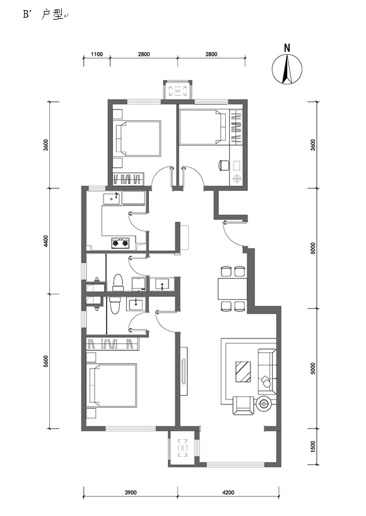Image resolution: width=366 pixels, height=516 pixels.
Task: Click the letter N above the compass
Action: (287, 48)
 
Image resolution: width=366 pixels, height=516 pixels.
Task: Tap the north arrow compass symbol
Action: (287, 69)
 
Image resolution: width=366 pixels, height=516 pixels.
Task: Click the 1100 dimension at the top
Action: (97, 54)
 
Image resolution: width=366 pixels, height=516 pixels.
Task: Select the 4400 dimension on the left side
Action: (46, 241)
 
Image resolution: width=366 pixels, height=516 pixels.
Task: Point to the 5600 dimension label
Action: (46, 362)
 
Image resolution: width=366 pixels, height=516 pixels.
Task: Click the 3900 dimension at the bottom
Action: (131, 492)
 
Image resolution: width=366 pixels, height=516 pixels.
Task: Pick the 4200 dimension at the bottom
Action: (228, 492)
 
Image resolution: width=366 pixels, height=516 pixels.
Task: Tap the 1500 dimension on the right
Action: (313, 447)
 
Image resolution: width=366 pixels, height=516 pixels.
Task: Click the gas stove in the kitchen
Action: (121, 243)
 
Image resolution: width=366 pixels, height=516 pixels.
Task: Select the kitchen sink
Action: (112, 198)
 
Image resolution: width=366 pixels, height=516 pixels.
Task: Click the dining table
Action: (232, 289)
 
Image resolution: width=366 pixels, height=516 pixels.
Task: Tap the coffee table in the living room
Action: (243, 372)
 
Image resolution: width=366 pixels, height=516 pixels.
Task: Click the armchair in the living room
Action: (244, 406)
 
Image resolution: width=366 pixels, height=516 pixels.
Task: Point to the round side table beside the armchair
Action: (264, 403)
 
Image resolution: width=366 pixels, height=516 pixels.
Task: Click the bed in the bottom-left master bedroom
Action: (113, 386)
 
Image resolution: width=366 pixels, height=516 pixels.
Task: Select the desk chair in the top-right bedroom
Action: (224, 165)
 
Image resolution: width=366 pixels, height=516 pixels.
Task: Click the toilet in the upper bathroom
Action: (118, 283)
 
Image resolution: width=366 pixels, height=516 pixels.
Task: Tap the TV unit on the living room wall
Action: (184, 371)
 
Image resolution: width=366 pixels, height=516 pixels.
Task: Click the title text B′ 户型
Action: (43, 15)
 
